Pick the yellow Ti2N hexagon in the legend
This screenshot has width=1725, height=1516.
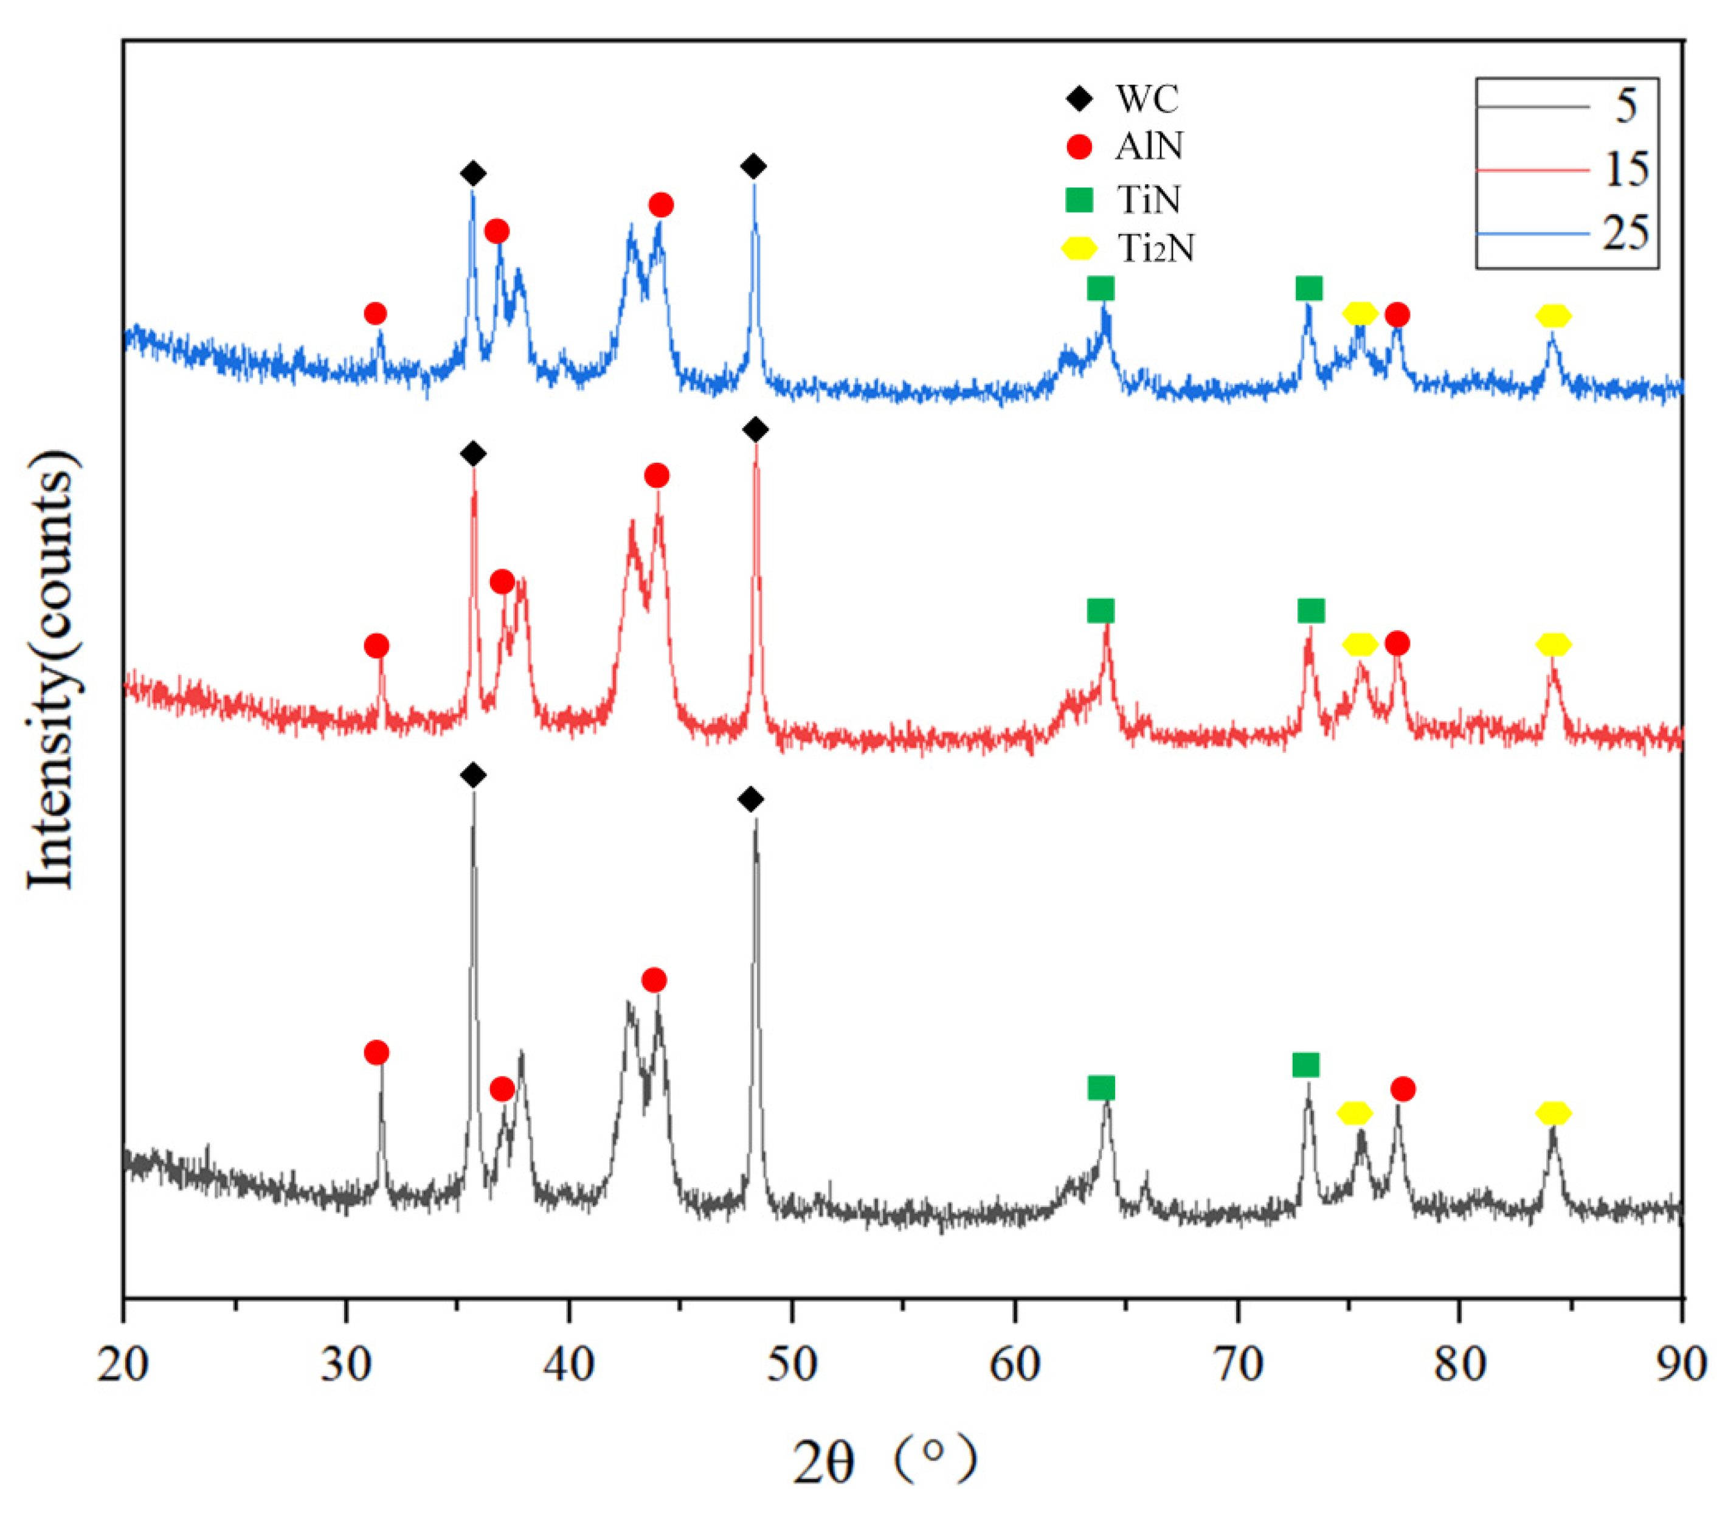point(1079,248)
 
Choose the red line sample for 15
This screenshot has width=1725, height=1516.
point(1532,170)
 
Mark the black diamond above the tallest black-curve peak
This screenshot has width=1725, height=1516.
point(474,775)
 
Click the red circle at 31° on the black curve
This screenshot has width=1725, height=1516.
point(376,1053)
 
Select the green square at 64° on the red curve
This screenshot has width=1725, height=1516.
point(1101,611)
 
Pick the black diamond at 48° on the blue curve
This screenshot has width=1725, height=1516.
point(753,166)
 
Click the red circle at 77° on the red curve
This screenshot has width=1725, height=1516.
point(1397,644)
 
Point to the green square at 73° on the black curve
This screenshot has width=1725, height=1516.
point(1305,1065)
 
